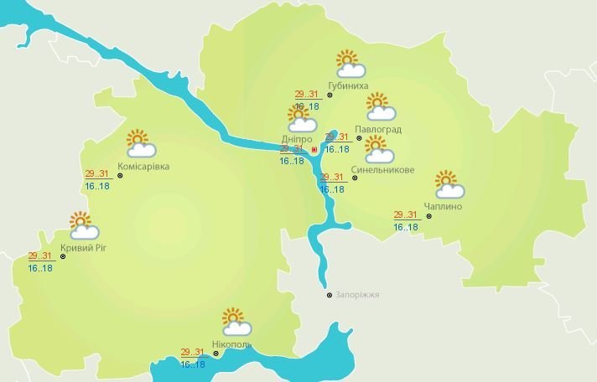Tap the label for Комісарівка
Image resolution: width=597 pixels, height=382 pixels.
[143, 167]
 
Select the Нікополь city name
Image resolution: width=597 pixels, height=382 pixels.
[231, 343]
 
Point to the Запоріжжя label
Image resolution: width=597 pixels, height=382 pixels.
[357, 295]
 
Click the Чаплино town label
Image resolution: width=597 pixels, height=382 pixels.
[444, 205]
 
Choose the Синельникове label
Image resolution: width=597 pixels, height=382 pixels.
[383, 170]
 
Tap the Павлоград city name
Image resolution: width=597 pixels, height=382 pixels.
[377, 130]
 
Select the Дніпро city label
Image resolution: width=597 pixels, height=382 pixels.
[297, 139]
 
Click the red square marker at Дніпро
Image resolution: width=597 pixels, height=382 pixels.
[314, 150]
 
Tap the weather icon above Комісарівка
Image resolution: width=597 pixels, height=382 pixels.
[140, 144]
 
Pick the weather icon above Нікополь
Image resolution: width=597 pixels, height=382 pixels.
[235, 322]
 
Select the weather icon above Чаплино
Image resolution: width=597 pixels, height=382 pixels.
[449, 184]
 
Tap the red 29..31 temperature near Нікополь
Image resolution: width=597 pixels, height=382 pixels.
[193, 352]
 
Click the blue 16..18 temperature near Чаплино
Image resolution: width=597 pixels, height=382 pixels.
[406, 227]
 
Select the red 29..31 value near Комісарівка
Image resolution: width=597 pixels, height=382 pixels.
[97, 173]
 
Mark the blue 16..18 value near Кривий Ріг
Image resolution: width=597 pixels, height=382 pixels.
[40, 268]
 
